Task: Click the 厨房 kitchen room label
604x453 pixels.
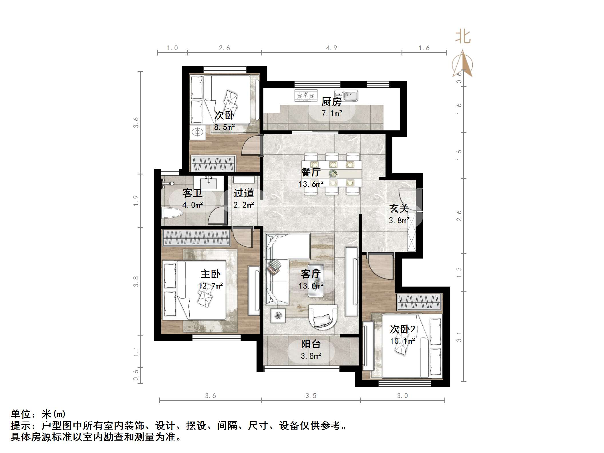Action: click(x=331, y=102)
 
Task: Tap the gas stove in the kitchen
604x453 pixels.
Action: click(x=306, y=95)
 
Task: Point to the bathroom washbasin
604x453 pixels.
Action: click(x=209, y=183)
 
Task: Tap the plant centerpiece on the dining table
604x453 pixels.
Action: click(x=332, y=173)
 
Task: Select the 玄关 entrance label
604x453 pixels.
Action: click(x=399, y=208)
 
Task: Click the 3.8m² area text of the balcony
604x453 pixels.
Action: click(x=311, y=356)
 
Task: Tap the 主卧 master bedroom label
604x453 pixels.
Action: click(x=210, y=274)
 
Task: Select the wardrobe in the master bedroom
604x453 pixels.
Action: click(x=196, y=238)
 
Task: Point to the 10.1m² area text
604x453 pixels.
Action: click(x=402, y=341)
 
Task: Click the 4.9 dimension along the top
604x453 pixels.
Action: click(x=331, y=48)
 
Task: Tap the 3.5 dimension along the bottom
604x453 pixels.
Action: click(x=311, y=396)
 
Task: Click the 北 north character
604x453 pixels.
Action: click(x=463, y=37)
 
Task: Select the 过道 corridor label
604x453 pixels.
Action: click(x=244, y=193)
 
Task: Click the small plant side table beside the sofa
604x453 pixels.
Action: click(x=278, y=315)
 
